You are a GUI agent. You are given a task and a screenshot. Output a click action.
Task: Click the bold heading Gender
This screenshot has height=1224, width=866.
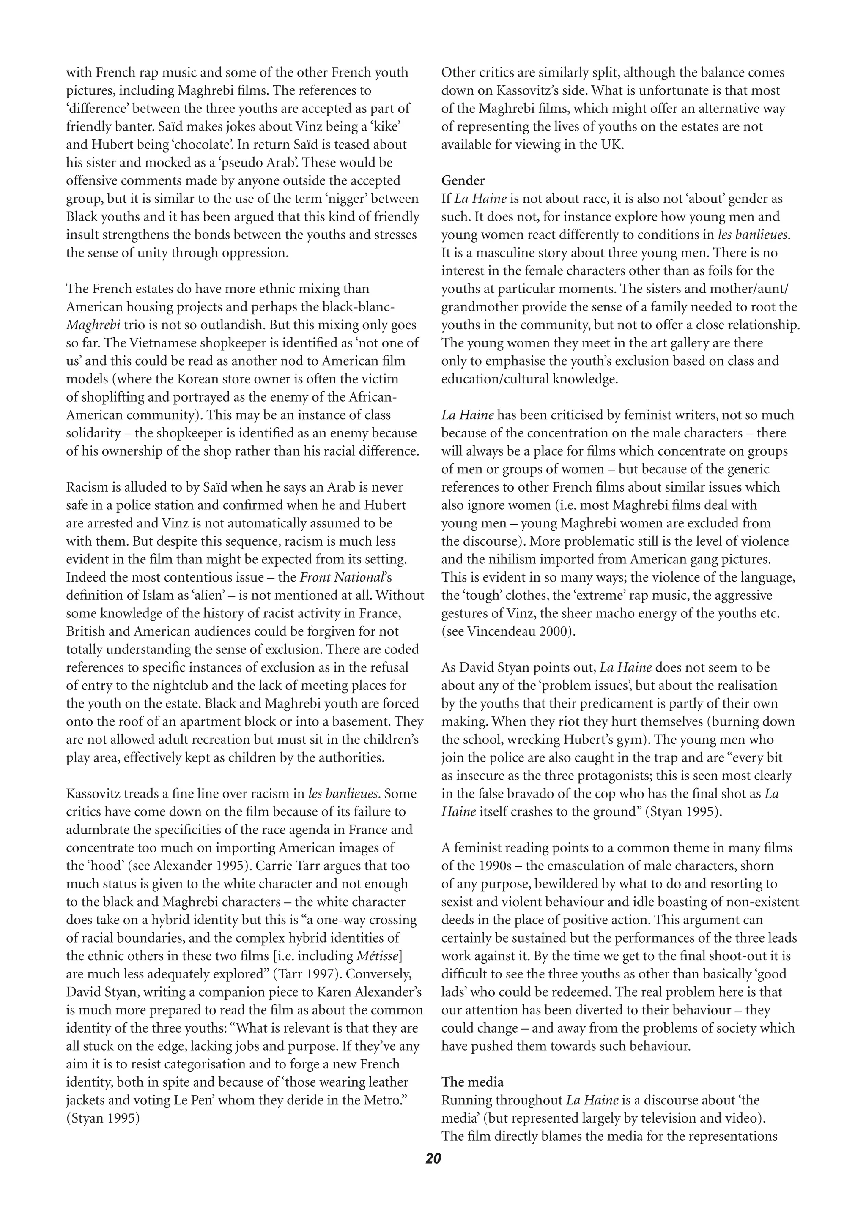463,181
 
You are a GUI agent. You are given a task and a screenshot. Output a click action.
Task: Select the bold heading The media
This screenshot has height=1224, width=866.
472,1082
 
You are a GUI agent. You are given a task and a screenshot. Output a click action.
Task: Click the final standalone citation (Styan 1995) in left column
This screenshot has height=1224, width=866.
102,1118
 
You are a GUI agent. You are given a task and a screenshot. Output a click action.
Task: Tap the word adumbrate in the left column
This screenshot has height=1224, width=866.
98,830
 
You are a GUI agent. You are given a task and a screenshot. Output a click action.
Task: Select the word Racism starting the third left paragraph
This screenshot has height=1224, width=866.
86,487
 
